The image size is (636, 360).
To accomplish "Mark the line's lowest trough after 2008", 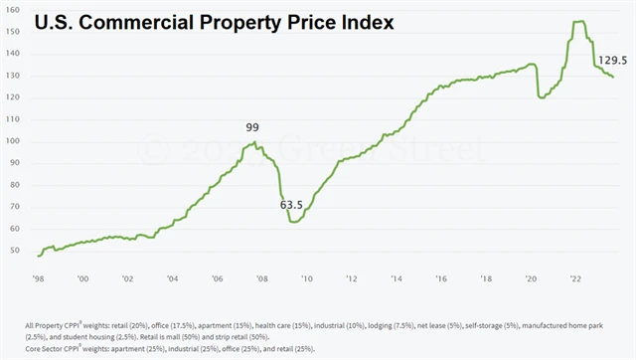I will click(x=293, y=221).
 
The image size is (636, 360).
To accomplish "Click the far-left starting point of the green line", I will click(x=38, y=256).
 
